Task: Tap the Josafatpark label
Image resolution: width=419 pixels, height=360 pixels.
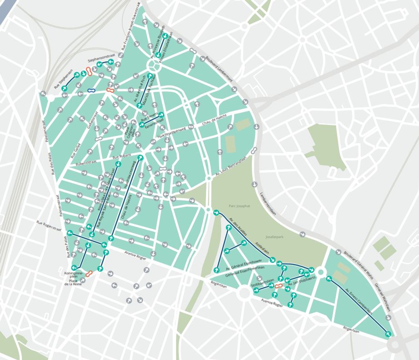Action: (274, 237)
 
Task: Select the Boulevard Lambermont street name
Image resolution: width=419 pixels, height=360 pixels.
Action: (219, 69)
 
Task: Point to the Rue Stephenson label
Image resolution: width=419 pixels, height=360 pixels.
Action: (63, 79)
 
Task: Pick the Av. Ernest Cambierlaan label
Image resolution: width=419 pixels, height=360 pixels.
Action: (359, 301)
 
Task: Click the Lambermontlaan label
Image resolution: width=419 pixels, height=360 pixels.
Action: (268, 203)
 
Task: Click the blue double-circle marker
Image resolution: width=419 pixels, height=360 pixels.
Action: (91, 90)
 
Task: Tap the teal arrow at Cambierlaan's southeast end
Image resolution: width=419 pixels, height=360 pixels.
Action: (388, 334)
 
